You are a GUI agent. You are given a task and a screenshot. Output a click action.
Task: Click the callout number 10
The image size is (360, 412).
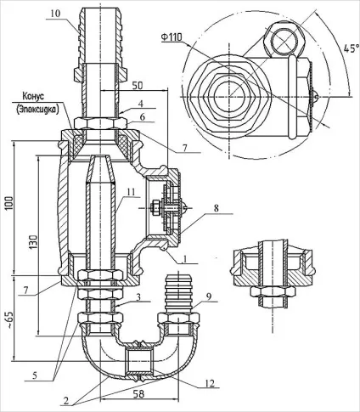56,14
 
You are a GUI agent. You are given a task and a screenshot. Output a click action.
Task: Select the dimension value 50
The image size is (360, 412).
138,86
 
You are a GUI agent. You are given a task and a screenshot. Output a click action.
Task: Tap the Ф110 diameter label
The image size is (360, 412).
172,37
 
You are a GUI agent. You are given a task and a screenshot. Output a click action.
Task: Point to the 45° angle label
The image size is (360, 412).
351,48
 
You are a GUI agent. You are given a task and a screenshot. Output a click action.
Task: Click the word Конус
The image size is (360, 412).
33,97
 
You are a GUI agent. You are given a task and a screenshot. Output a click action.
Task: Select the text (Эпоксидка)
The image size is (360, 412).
37,110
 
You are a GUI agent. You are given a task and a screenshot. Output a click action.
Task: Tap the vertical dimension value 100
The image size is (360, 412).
9,203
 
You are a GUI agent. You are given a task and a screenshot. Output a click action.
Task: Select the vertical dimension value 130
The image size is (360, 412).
33,241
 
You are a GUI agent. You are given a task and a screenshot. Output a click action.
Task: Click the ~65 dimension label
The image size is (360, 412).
9,319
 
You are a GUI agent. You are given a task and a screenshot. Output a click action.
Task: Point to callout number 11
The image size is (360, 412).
131,192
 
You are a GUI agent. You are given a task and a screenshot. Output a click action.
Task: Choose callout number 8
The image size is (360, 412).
216,208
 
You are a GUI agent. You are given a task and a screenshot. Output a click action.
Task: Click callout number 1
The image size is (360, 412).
185,258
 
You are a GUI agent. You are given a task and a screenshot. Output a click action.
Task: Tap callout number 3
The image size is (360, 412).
138,297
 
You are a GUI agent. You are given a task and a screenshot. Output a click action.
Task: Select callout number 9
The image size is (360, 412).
209,297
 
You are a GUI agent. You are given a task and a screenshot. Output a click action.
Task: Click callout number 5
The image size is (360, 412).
35,375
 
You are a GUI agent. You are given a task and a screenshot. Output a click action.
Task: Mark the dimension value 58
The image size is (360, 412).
138,394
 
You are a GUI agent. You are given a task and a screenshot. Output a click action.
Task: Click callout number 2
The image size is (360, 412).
66,400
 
